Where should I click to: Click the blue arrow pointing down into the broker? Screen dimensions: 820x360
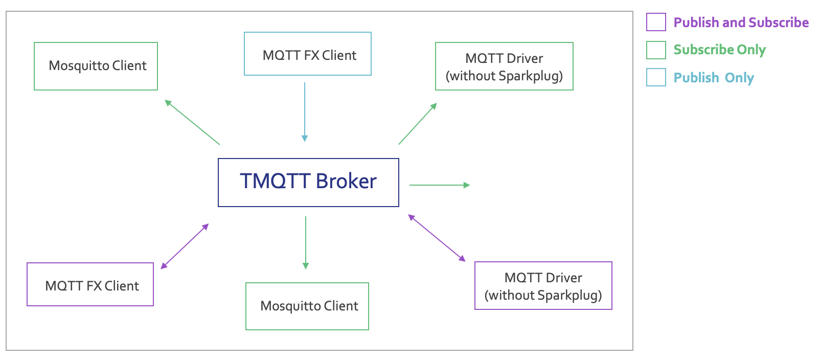tap(305, 112)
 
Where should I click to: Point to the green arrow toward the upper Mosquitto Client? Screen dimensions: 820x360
tap(192, 122)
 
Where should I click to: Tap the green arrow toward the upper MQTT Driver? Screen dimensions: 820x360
tap(418, 124)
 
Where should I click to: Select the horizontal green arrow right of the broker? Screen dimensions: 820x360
tap(440, 185)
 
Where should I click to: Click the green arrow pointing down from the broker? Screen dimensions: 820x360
tap(306, 243)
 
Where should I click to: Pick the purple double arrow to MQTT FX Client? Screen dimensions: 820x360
tap(185, 246)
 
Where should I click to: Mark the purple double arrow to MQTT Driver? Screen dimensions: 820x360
tap(437, 238)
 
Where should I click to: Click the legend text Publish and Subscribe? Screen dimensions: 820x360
tap(741, 22)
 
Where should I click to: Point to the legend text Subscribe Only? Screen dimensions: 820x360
tap(720, 50)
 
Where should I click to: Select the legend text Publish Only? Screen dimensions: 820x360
tap(714, 78)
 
